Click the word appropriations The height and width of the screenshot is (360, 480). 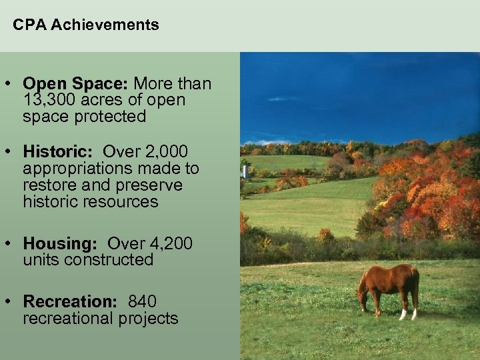73,169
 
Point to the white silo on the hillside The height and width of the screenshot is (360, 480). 247,171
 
